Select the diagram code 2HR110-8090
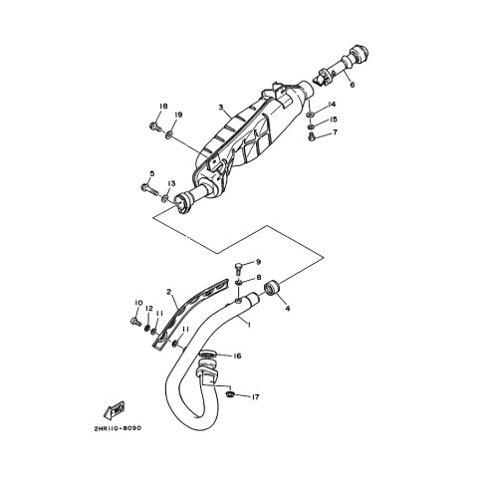(x=116, y=428)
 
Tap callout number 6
(x=353, y=85)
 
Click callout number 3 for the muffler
(x=221, y=108)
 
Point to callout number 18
(x=163, y=107)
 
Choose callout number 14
(x=332, y=105)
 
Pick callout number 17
(x=255, y=397)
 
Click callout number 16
(x=237, y=357)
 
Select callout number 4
(x=288, y=309)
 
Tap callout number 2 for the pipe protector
(x=169, y=292)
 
